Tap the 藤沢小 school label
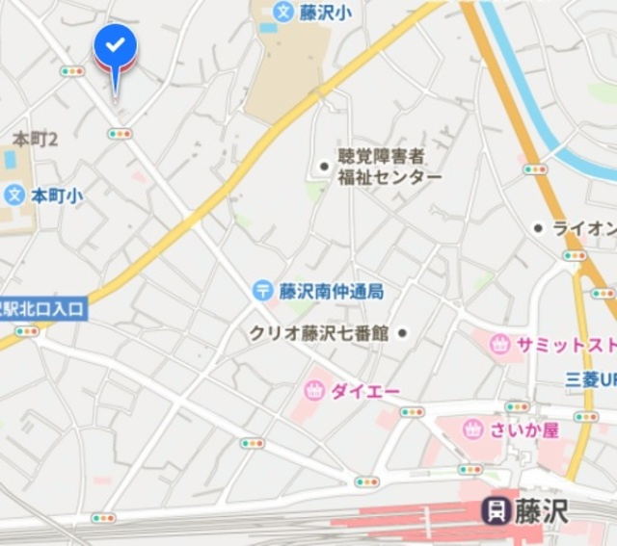[325, 13]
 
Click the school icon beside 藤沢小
[282, 12]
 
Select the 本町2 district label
[35, 140]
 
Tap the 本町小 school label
[56, 195]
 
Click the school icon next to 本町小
[13, 195]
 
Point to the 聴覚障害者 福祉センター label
[389, 167]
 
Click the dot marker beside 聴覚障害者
[324, 167]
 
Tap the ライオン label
[584, 228]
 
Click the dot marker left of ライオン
[538, 228]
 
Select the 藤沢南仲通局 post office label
[332, 291]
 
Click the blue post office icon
[262, 290]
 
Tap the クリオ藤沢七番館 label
[319, 333]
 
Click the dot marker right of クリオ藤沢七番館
[402, 333]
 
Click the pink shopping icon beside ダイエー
[313, 390]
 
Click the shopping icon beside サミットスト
[499, 345]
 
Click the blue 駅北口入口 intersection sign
[42, 309]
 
